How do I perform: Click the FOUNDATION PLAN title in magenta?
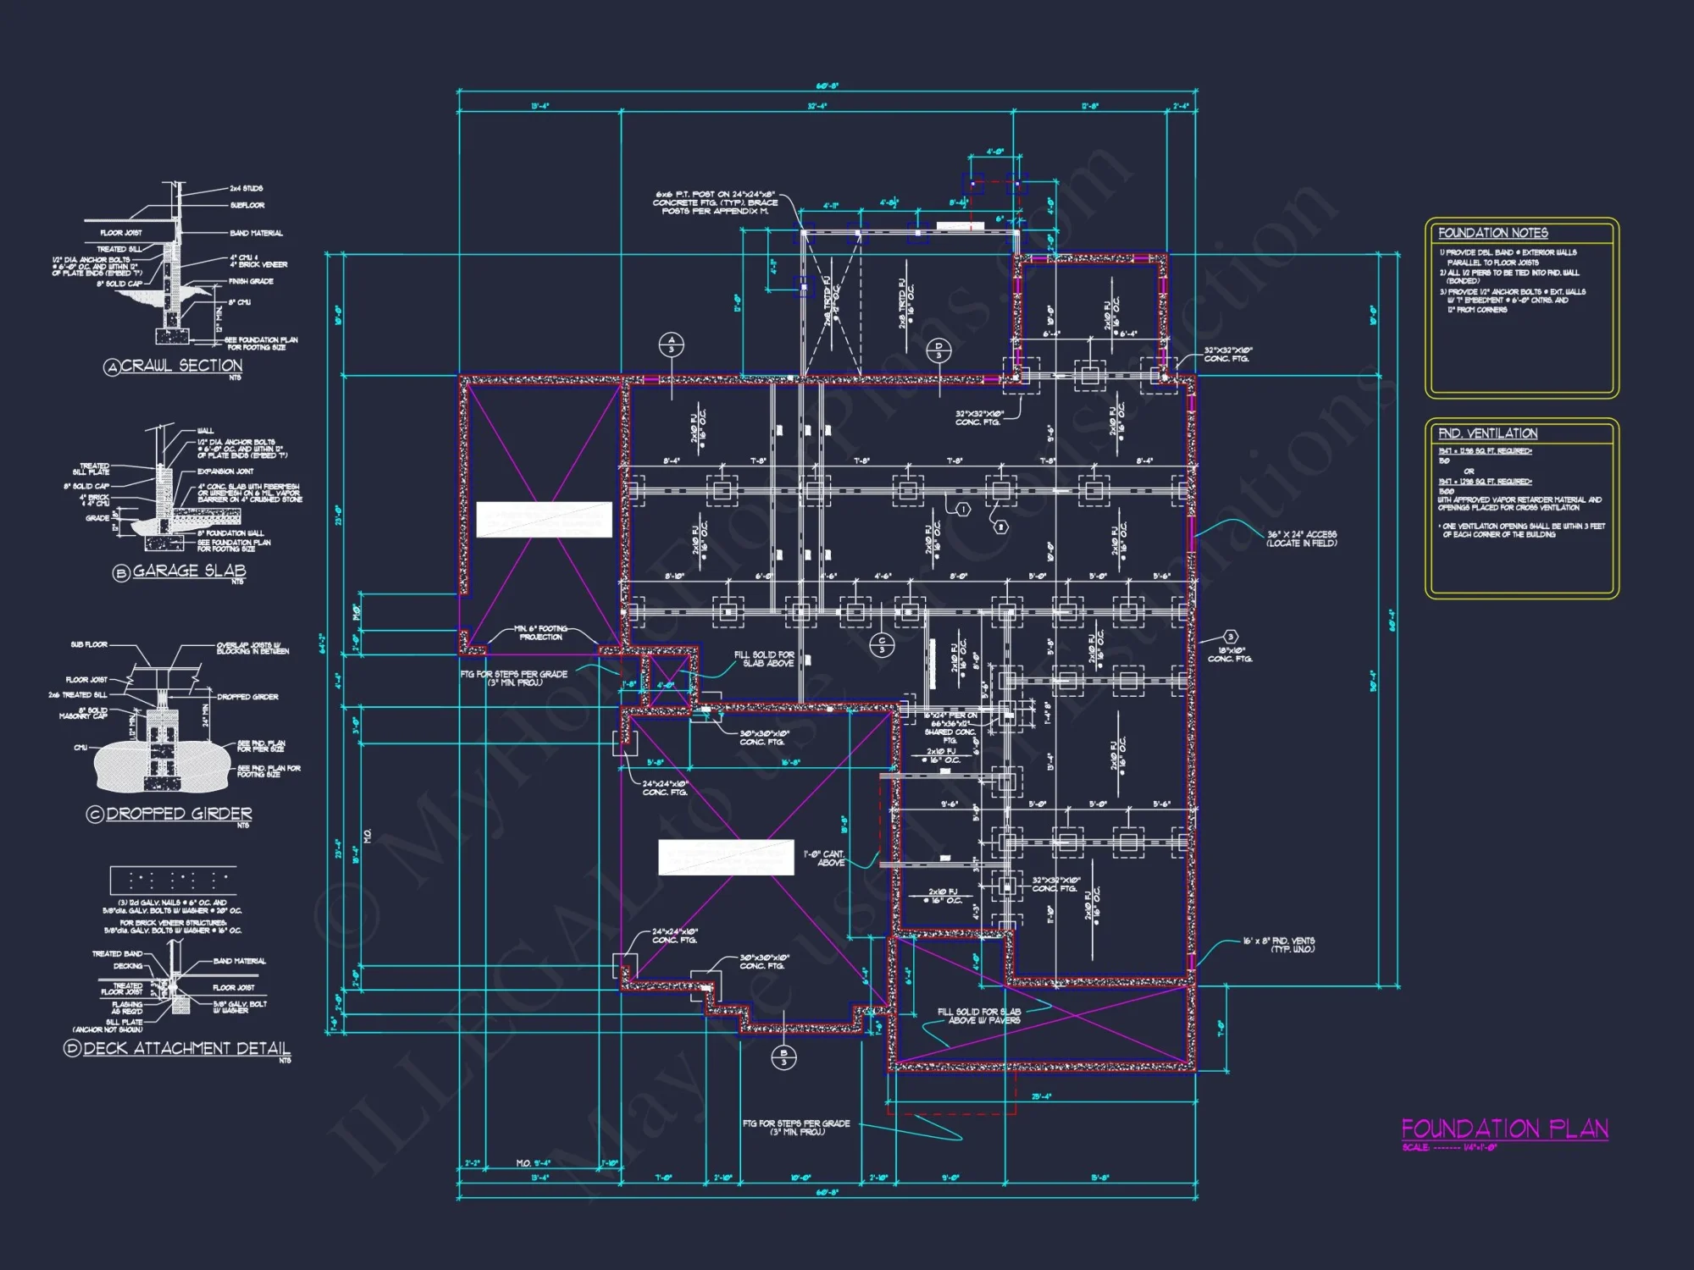tap(1504, 1129)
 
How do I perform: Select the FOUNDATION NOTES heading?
tap(1492, 233)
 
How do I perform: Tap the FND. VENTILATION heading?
tap(1487, 433)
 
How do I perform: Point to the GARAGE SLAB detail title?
tap(188, 571)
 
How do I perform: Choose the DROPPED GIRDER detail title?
tap(178, 814)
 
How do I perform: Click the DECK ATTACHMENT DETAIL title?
tap(185, 1048)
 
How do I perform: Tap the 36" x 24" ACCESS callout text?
tap(1302, 538)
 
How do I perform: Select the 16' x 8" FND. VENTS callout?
tap(1278, 945)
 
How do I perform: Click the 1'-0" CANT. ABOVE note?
tap(824, 859)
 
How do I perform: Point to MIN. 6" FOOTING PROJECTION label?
tap(540, 632)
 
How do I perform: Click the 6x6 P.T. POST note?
tap(715, 202)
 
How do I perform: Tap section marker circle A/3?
tap(671, 345)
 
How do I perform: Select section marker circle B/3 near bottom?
tap(783, 1057)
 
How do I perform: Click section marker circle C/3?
tap(882, 645)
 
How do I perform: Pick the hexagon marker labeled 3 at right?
tap(1231, 637)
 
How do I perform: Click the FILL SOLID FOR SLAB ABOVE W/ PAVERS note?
tap(978, 1016)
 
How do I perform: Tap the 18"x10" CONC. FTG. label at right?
tap(1230, 654)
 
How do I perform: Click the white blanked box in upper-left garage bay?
tap(544, 519)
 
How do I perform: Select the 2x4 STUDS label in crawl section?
tap(246, 189)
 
